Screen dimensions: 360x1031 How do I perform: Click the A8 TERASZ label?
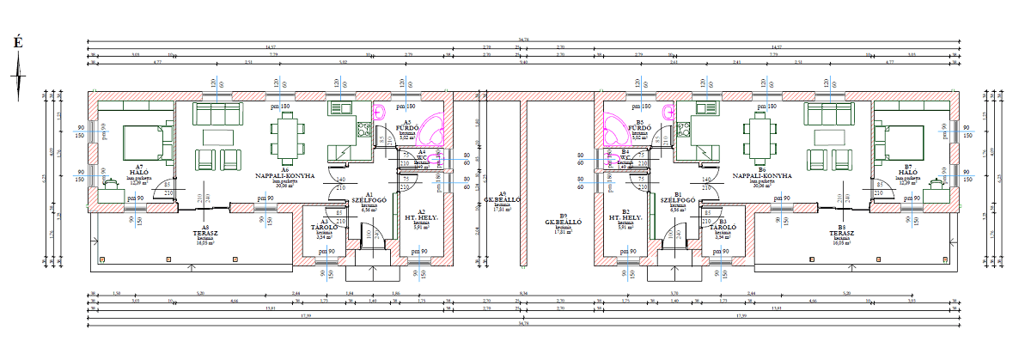pos(206,233)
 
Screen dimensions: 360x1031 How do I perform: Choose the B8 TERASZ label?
pos(843,233)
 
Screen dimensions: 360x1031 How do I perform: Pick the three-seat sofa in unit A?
pos(217,113)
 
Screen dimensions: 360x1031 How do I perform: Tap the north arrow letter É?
pos(17,41)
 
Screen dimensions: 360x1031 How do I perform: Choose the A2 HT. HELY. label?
pos(421,217)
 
